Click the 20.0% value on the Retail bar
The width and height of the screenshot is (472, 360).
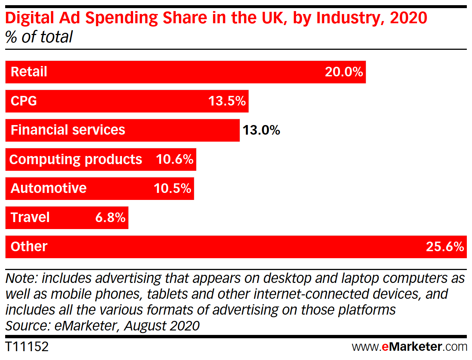[344, 72]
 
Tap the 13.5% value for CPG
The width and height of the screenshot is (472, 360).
[227, 101]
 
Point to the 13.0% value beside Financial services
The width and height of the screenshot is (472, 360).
[261, 130]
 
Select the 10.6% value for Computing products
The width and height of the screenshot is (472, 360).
[174, 159]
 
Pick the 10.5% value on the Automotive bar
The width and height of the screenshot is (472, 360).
[172, 188]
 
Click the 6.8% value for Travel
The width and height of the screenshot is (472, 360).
[110, 218]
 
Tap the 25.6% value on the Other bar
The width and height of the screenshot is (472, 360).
[445, 247]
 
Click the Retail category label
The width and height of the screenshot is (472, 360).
[29, 72]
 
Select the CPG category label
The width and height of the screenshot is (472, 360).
[24, 101]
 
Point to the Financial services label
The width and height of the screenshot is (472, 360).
[68, 130]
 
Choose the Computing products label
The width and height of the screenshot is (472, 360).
[76, 159]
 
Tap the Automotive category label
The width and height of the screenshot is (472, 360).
[48, 188]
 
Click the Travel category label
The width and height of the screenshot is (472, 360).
[30, 218]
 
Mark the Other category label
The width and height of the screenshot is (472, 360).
[29, 247]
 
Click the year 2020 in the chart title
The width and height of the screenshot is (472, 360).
[408, 18]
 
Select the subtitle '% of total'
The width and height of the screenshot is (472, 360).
[39, 37]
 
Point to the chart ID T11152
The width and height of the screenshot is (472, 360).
[27, 347]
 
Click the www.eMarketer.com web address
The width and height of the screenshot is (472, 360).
[409, 347]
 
